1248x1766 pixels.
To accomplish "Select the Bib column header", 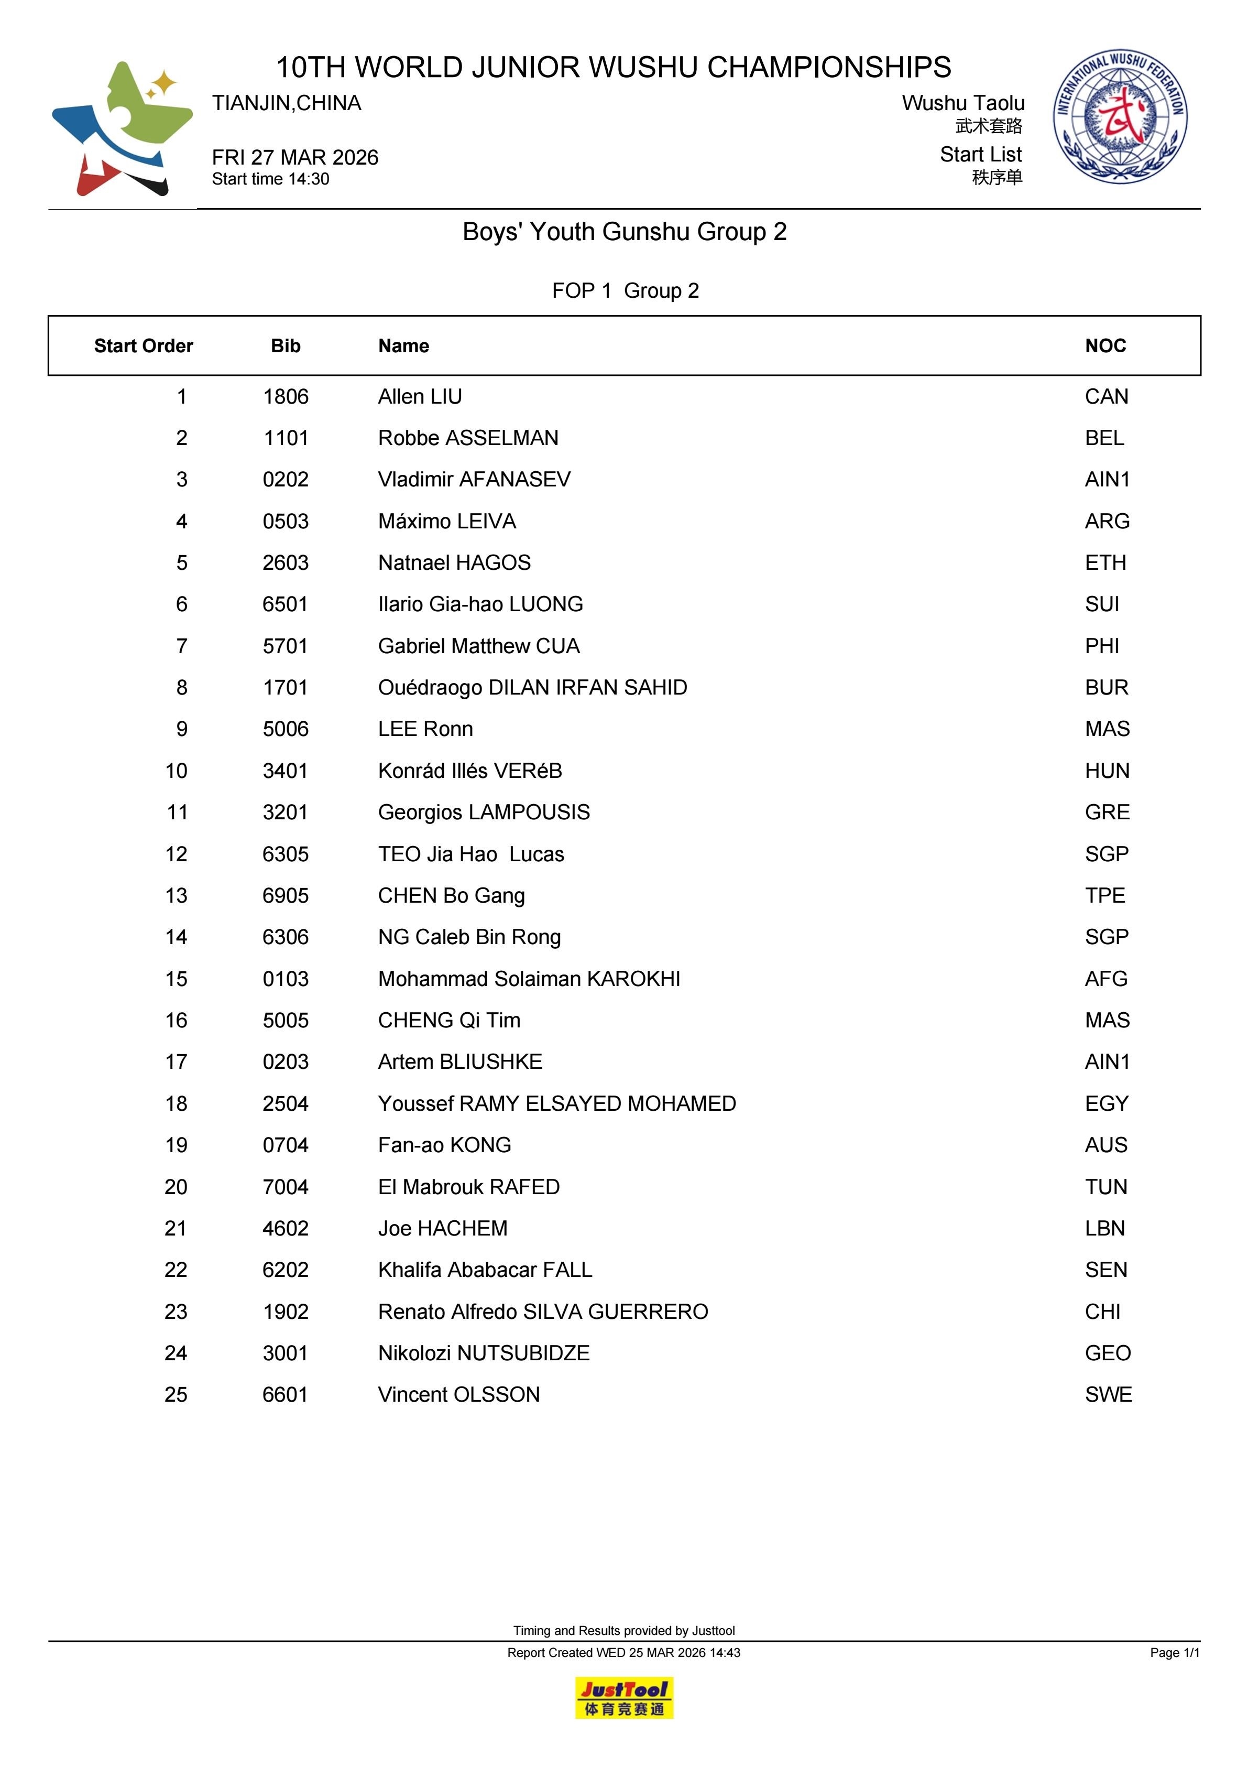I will tap(285, 346).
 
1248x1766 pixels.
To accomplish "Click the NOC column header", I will tap(1105, 346).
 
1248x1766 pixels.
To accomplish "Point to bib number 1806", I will tap(285, 397).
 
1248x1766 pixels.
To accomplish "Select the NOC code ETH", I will tap(1105, 563).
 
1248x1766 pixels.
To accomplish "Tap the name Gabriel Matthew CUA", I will tap(478, 646).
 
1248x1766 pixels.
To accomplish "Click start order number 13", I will tap(176, 895).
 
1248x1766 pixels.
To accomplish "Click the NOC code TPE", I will tap(1105, 895).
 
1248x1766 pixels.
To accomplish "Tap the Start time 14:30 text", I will tap(271, 179).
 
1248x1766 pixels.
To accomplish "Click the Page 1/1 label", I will tap(1174, 1652).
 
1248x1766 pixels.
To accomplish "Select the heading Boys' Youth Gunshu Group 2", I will tap(625, 232).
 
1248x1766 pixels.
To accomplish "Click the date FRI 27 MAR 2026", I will tap(295, 158).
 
